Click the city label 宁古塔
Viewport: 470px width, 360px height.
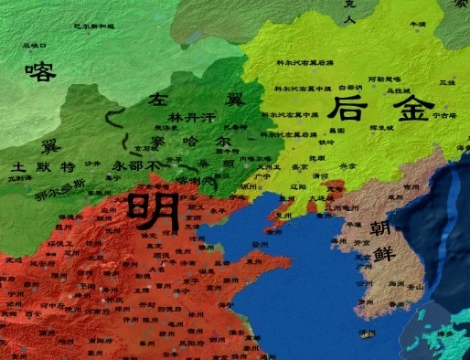[443, 116]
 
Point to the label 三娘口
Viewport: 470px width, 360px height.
[34, 44]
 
